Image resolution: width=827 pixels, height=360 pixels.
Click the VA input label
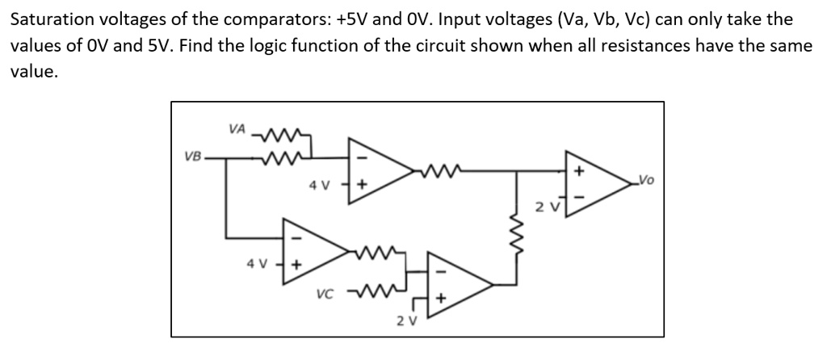pos(237,128)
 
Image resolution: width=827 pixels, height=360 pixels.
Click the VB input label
pos(193,155)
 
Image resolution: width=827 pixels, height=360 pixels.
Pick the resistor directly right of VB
pos(276,155)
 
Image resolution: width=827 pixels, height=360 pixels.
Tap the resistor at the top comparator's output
pos(437,171)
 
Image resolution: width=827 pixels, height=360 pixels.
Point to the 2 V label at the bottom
pos(406,321)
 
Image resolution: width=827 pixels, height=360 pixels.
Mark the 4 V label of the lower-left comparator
pos(255,263)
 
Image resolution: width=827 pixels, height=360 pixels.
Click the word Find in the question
pos(198,44)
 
